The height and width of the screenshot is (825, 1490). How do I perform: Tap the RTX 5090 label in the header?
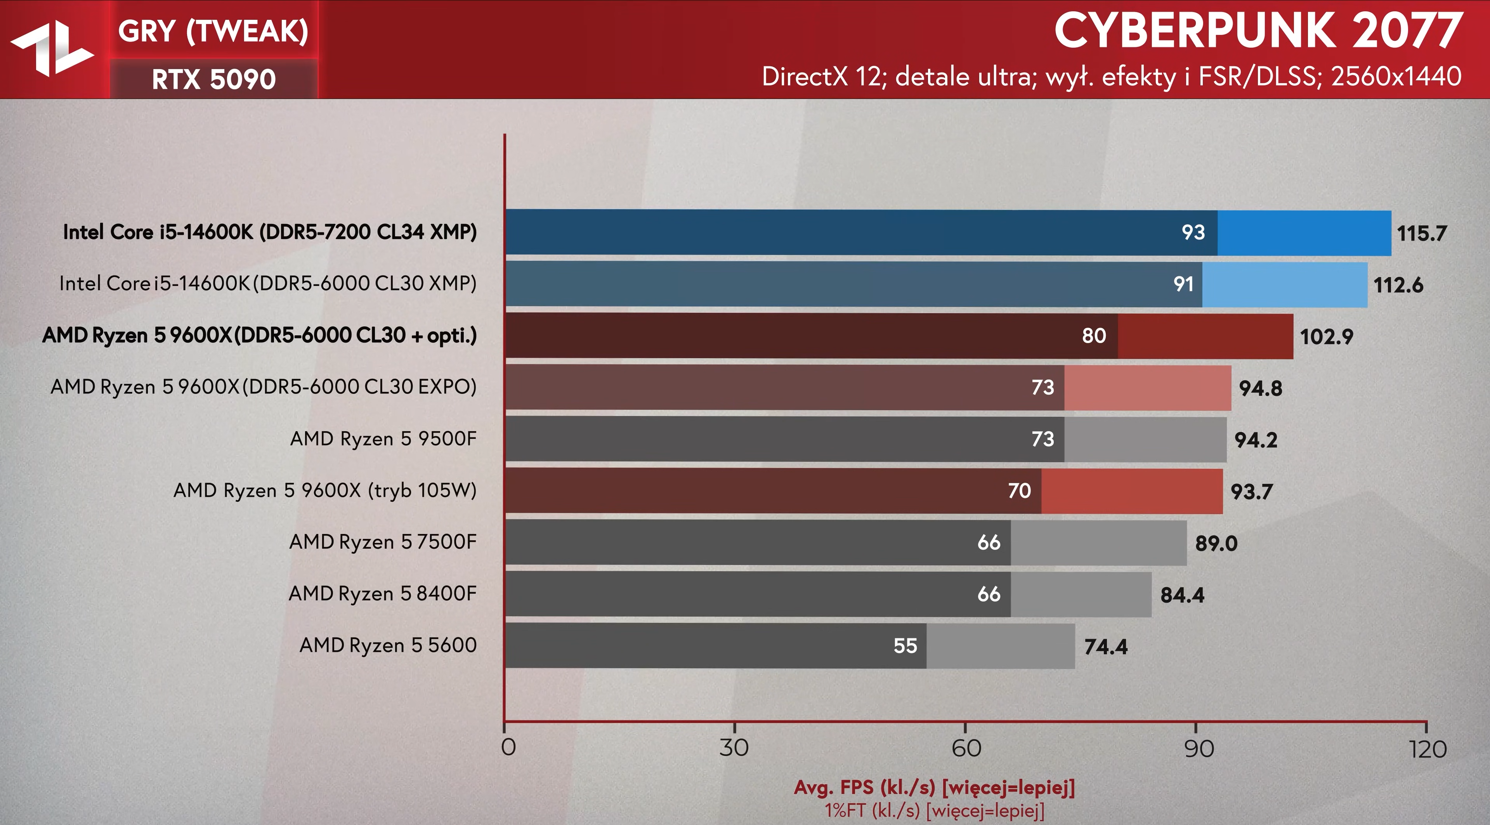213,79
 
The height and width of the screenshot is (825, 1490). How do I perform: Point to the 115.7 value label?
1422,233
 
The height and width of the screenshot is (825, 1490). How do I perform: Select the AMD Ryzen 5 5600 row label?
387,645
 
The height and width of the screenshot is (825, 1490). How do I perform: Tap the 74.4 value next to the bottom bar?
1105,646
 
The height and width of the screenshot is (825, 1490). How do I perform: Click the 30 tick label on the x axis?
734,748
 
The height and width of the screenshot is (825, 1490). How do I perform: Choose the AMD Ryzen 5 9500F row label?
383,439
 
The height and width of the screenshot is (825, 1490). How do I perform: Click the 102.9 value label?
1326,336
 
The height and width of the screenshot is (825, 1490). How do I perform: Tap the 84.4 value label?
1182,595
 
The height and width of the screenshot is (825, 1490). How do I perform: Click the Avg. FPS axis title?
933,787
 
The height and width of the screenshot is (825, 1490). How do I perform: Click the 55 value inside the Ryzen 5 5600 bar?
905,646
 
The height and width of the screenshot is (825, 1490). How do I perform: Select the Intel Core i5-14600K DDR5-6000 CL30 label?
268,283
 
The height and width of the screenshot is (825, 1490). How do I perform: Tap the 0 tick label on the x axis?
508,747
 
